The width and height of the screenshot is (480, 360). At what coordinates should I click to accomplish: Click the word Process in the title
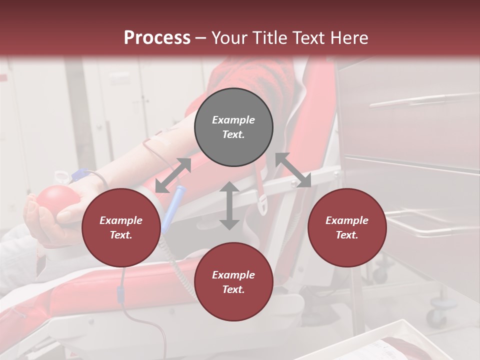coord(157,37)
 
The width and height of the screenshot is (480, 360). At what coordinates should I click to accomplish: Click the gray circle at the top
coord(233,127)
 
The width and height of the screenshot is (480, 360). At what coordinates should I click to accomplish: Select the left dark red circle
coord(121,228)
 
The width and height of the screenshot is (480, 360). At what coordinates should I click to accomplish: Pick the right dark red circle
coord(347,228)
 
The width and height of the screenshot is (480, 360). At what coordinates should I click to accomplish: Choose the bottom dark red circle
coord(233,282)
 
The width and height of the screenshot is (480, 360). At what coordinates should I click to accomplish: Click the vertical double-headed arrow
coord(229,205)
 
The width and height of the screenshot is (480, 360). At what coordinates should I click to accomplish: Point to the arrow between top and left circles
coord(173,175)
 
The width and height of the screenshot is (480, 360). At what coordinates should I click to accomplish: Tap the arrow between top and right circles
coord(293,170)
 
